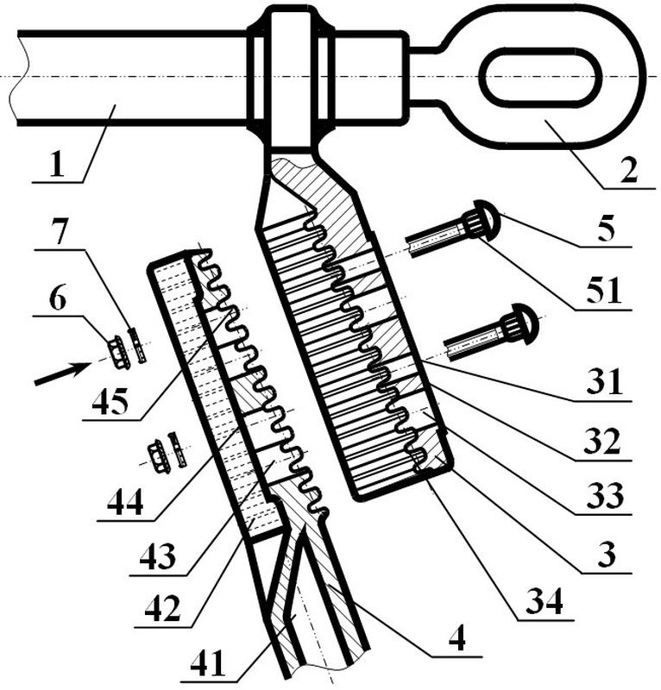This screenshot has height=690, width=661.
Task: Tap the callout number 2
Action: coord(628,170)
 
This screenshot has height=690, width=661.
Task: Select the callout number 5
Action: coord(606,229)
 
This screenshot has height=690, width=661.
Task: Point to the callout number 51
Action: coord(604,291)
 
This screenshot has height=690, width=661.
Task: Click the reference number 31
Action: coord(604,381)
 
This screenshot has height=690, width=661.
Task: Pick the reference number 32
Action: coord(602,442)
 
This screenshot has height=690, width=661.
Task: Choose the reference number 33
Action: coord(605,495)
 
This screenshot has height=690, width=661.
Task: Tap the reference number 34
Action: coord(545,601)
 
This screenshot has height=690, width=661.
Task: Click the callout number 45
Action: coord(110,401)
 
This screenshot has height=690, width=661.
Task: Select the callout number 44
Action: coord(125,503)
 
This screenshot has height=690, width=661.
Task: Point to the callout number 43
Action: coord(158,556)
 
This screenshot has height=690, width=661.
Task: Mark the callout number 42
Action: coord(162,608)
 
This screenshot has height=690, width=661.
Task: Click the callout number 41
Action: coord(207,663)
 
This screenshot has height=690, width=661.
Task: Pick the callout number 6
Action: coord(58,299)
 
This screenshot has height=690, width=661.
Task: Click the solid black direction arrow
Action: coord(62,374)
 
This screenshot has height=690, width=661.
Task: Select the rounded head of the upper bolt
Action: coord(486,220)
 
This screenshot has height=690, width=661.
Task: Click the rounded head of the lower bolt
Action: coord(524,323)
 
